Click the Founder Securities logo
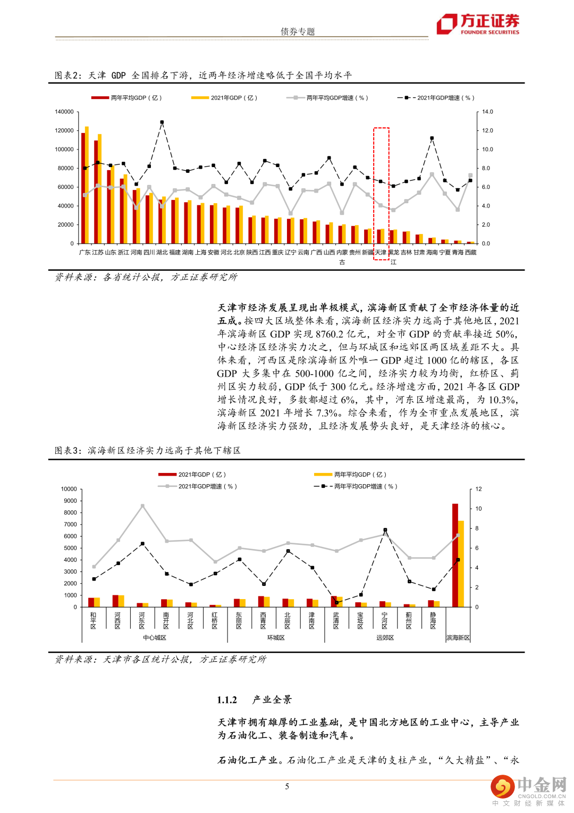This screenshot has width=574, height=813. coord(477,24)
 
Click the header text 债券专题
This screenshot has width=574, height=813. coord(298,31)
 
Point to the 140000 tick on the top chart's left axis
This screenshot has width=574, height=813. coord(64,112)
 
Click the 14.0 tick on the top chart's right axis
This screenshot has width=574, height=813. coord(487,112)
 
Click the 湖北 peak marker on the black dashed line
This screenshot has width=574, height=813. coord(162,122)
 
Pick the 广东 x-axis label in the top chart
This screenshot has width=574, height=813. coord(85,252)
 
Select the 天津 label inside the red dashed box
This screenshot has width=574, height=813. coord(381,252)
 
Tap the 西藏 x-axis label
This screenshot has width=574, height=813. coord(470,252)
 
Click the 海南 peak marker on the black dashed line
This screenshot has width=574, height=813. coord(432,138)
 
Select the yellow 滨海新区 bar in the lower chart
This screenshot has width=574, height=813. coord(461,563)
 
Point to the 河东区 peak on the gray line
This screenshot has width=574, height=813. coord(142,506)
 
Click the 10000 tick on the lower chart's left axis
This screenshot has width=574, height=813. coord(69,489)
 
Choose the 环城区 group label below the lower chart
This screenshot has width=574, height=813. coord(276,637)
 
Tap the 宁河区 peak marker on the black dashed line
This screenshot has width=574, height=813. coord(385,530)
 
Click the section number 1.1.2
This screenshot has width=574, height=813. coord(227,700)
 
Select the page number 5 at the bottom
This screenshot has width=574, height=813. coord(287,786)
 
